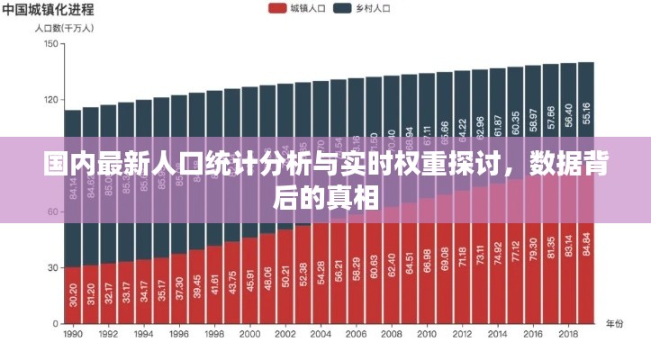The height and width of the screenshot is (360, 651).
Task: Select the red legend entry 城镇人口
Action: point(296,8)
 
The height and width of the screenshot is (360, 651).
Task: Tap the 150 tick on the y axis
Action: point(50,44)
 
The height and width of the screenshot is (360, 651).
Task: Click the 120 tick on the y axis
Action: point(50,100)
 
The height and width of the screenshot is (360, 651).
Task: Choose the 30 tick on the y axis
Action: point(52,267)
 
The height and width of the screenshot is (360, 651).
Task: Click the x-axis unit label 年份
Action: point(614,322)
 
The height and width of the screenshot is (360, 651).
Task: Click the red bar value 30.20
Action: point(73,294)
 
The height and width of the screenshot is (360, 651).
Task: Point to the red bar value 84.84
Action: point(586,244)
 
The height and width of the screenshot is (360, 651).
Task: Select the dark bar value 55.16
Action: point(586,94)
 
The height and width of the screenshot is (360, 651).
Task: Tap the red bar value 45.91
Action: point(249,280)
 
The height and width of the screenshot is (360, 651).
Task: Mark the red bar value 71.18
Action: point(462,256)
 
